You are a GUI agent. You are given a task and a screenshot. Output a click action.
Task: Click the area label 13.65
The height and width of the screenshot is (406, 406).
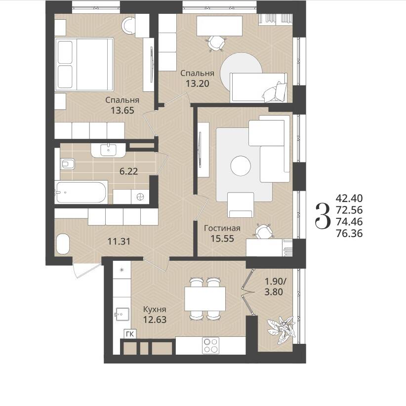click(122, 111)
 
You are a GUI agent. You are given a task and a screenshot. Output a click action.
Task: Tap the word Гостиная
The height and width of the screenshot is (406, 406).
click(222, 228)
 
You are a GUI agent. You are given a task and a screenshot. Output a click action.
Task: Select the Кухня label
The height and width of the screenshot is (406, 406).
click(155, 309)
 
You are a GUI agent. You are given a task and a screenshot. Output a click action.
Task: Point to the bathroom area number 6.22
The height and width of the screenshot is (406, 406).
click(129, 171)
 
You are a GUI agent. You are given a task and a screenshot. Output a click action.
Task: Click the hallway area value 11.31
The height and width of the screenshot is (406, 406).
click(119, 242)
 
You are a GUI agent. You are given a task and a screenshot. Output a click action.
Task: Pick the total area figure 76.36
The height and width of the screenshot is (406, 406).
click(349, 234)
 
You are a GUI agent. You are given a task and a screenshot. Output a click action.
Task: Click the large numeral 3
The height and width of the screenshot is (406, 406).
click(323, 216)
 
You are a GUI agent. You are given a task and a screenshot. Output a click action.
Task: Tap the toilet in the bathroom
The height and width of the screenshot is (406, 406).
click(68, 164)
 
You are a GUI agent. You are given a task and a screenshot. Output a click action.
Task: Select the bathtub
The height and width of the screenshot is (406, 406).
click(81, 192)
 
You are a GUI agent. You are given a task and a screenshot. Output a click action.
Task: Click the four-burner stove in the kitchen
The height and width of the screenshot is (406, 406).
click(211, 345)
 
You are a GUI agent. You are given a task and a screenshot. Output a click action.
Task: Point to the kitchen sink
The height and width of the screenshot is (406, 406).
click(122, 314)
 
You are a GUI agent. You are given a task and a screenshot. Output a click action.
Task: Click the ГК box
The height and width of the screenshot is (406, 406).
click(130, 334)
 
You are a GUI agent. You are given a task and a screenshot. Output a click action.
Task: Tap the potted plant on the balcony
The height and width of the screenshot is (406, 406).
click(281, 329)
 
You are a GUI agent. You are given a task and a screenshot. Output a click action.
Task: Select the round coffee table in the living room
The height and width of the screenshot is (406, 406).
click(241, 166)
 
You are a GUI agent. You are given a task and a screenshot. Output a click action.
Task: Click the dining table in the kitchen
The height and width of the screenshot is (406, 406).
click(205, 299)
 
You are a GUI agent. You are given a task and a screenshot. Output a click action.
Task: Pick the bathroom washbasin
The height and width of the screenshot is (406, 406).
click(109, 150)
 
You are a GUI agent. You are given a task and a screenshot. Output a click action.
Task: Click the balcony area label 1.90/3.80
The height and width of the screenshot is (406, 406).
click(274, 286)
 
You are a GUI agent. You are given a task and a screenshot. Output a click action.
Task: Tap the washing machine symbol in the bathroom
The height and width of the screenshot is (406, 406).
click(140, 197)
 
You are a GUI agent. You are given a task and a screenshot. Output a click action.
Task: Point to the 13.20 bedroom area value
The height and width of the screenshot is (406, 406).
click(197, 83)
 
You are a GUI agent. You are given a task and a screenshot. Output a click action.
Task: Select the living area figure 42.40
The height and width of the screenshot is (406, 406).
click(349, 199)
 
